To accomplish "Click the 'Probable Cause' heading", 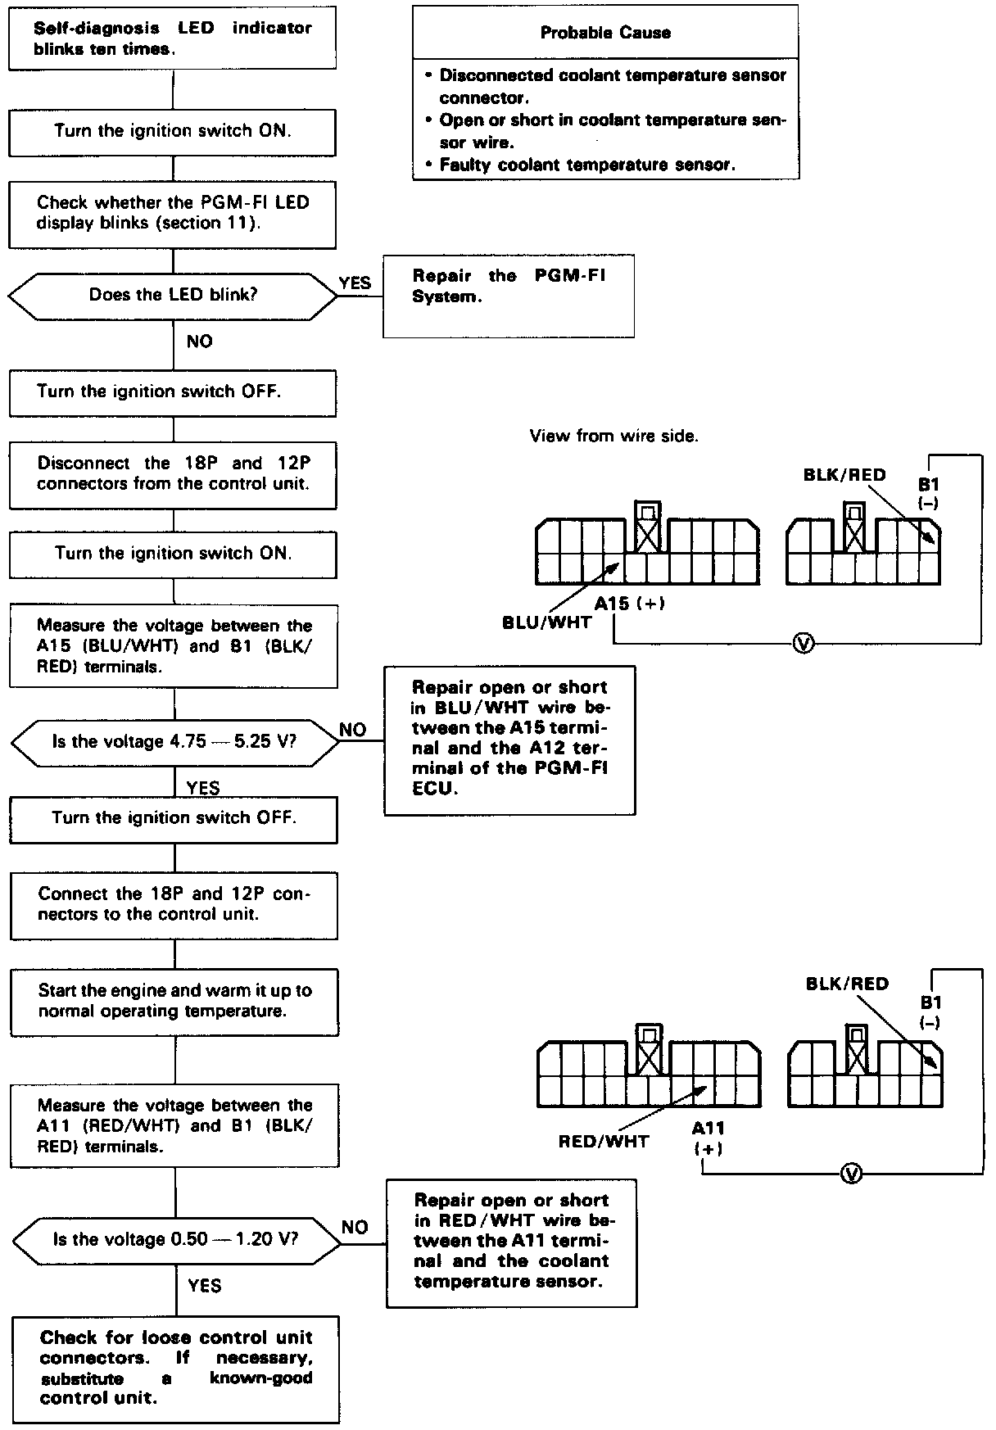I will click(x=605, y=33).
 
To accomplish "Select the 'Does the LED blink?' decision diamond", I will click(x=173, y=295).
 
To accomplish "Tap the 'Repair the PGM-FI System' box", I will click(x=508, y=296).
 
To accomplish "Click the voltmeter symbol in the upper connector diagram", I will click(x=804, y=644).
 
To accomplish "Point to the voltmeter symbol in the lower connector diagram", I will click(x=852, y=1174).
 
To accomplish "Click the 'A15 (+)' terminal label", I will click(x=629, y=604).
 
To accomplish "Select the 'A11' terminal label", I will click(x=709, y=1129).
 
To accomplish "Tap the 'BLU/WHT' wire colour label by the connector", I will click(x=546, y=622).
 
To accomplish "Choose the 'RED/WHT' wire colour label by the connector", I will click(x=603, y=1141).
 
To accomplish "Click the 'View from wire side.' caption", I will click(x=613, y=436).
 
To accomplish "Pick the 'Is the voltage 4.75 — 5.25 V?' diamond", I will click(x=174, y=741).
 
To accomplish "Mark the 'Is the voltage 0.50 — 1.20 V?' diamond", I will click(x=176, y=1239).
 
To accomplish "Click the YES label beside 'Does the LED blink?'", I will click(x=355, y=283).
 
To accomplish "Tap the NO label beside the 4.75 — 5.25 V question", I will click(x=353, y=729).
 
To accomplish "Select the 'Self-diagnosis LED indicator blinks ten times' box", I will click(x=172, y=38).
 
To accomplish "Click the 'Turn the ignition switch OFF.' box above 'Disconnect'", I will click(x=173, y=392).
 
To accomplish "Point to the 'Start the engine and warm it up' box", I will click(x=174, y=1001).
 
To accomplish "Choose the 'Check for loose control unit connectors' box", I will click(x=176, y=1368).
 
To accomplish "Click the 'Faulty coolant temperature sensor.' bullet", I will click(x=587, y=165).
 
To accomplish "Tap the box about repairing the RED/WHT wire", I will click(x=511, y=1242).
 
